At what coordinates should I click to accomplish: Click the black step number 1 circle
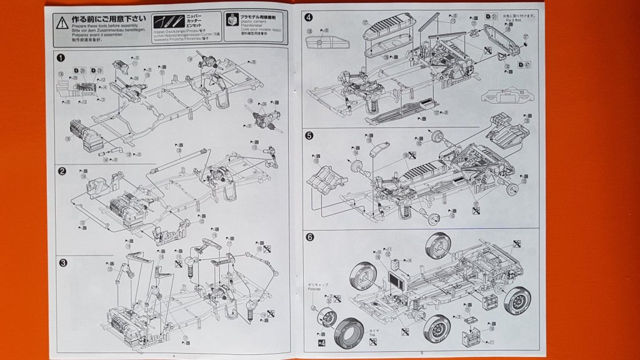click(x=61, y=57)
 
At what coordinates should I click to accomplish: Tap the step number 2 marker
click(x=62, y=171)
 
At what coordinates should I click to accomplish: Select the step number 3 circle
click(x=62, y=262)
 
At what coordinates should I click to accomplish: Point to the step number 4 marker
click(x=309, y=17)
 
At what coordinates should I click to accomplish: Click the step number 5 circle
click(x=309, y=134)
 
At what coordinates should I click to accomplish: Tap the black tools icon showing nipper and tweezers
click(x=169, y=20)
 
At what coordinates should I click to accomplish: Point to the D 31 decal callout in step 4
click(x=491, y=16)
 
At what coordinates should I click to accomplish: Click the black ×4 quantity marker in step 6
click(x=321, y=342)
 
